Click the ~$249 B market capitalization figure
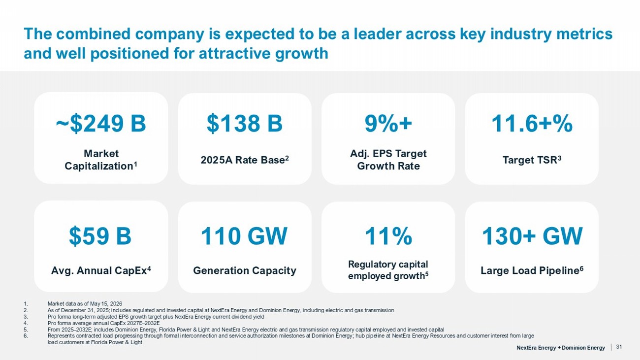101,124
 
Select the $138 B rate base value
245,124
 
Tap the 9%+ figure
388,124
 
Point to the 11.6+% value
532,124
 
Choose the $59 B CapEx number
100,236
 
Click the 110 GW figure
244,236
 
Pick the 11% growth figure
388,236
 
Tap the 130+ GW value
532,236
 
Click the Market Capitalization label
101,160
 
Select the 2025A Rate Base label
245,160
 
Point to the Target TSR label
532,160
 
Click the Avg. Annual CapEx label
101,270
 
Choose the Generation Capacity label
245,270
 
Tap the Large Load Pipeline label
532,270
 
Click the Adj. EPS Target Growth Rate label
388,160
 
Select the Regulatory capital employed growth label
388,270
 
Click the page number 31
619,347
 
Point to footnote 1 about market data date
85,304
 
